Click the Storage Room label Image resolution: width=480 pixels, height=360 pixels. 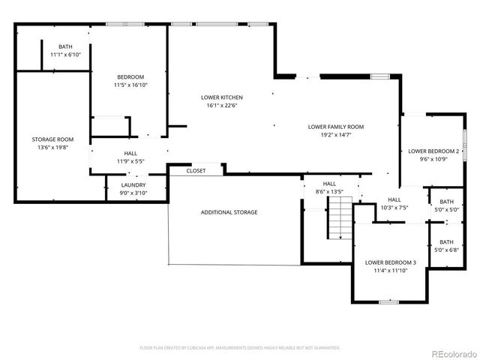coord(52,139)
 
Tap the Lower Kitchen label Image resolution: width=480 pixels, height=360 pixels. coord(222,97)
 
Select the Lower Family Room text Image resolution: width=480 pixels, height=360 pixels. coord(335,127)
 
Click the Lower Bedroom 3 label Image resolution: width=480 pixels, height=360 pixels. coord(390,262)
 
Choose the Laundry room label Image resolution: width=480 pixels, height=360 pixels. coord(133,185)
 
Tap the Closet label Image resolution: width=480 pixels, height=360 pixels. coord(196,171)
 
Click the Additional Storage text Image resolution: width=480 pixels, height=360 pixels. coord(229,212)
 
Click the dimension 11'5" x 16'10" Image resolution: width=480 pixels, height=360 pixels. coord(130,85)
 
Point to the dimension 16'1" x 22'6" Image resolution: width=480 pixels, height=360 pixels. coord(222,106)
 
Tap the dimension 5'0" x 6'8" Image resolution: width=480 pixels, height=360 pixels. coord(446,250)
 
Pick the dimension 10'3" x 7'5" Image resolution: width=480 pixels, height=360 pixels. coord(394,208)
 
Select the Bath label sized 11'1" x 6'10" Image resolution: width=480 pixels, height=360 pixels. coord(65,47)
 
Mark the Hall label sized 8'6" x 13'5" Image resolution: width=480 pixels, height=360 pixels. coord(329,183)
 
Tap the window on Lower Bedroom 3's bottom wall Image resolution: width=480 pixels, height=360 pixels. coord(388,301)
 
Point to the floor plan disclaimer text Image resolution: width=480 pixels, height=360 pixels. coord(240,348)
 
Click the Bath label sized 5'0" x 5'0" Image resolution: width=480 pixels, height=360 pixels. coord(446,202)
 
